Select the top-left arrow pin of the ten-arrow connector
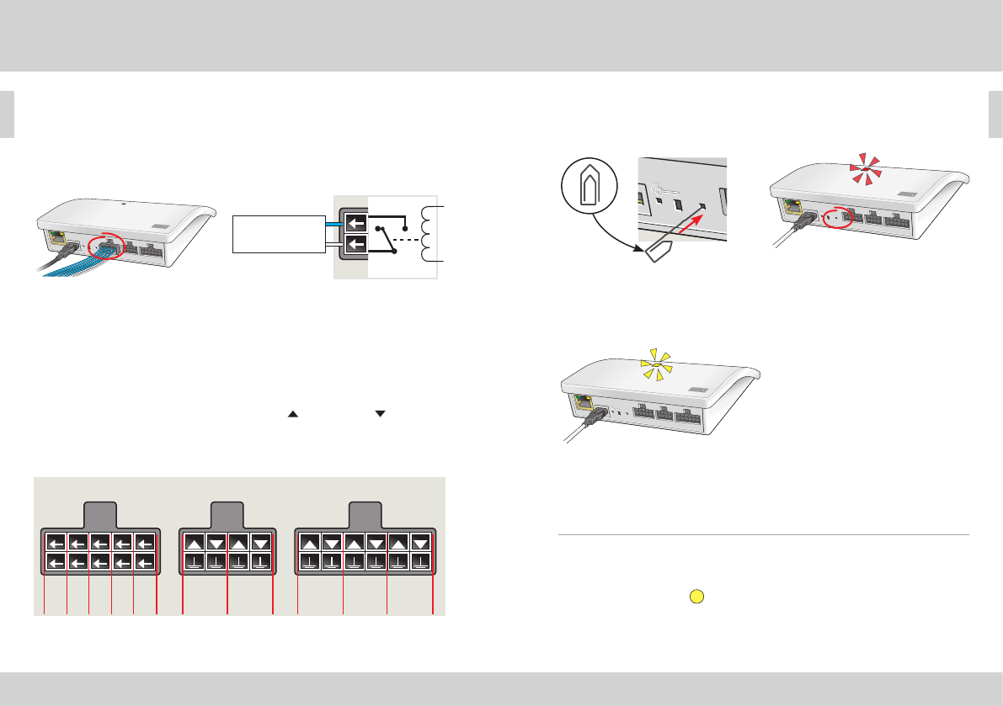56,543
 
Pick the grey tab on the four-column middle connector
227,514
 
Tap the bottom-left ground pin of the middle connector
195,561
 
